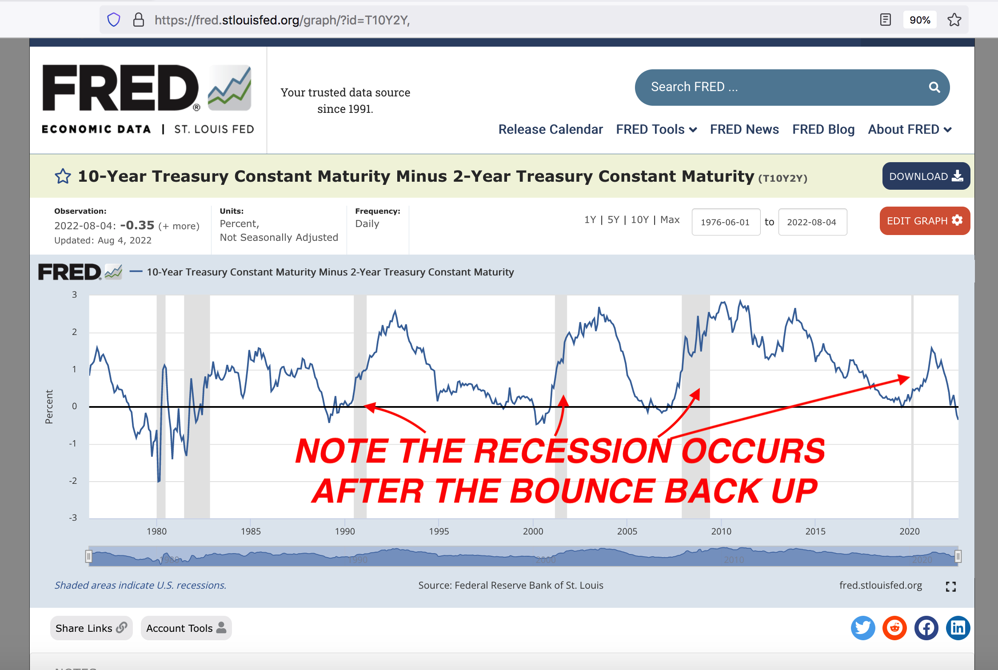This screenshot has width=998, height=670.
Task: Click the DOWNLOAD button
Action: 926,176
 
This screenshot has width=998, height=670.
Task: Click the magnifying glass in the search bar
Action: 934,88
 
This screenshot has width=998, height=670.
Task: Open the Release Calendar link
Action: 551,129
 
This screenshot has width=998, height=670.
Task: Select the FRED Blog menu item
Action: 823,129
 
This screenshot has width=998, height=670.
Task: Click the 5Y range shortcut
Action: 613,219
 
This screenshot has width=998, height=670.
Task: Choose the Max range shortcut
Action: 670,219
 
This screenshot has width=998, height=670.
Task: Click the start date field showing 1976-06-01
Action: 726,222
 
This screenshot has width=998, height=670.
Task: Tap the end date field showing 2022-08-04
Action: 812,222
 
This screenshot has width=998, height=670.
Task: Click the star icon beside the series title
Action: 63,176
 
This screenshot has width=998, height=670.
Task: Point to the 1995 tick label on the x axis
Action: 439,531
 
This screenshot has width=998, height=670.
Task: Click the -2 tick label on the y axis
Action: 73,481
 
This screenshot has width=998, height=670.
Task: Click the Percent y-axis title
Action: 49,407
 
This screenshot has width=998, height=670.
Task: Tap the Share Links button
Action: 91,628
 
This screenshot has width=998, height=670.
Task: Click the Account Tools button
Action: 186,628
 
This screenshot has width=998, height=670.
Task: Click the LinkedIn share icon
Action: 958,628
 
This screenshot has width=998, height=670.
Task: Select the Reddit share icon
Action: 894,628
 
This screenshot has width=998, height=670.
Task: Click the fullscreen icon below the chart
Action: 950,586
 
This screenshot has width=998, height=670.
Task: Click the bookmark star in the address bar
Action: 954,20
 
